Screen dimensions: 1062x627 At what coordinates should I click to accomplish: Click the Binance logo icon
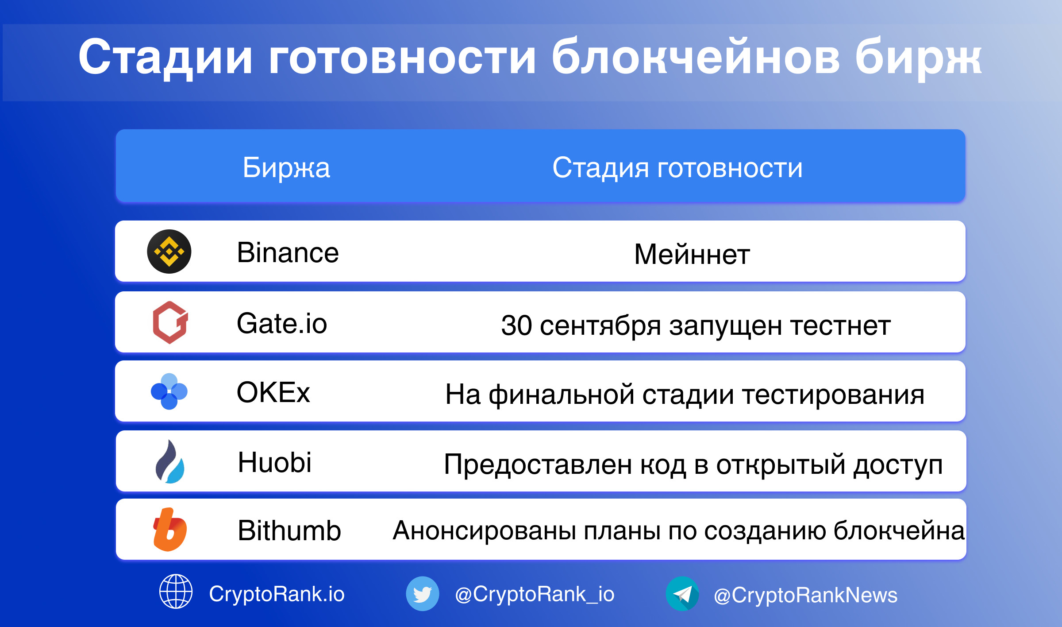[169, 252]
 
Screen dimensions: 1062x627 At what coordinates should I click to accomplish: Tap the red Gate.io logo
[170, 322]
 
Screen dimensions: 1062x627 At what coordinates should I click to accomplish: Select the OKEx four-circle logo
[169, 391]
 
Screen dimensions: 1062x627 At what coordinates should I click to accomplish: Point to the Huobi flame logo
[170, 461]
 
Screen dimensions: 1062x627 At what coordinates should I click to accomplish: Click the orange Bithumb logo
[170, 530]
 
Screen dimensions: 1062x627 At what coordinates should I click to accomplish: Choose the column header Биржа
[286, 168]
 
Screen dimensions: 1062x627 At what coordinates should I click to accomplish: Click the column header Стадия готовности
[677, 168]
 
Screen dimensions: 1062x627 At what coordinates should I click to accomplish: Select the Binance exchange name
[288, 252]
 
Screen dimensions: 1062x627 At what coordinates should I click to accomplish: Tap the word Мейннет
[692, 254]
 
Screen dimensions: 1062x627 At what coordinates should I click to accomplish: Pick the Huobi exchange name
[275, 462]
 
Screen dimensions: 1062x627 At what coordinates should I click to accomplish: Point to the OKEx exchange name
[273, 392]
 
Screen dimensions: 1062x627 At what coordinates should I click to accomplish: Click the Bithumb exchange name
[289, 530]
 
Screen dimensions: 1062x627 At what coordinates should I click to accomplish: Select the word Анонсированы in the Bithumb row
[485, 530]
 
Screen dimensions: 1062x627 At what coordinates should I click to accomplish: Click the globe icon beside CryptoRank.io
[176, 591]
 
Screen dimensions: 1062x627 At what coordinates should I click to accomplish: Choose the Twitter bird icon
[423, 593]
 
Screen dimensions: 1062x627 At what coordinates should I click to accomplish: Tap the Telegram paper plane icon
[682, 593]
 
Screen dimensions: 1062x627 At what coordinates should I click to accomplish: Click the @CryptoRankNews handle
[805, 595]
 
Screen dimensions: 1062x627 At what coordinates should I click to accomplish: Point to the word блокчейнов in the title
[695, 57]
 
